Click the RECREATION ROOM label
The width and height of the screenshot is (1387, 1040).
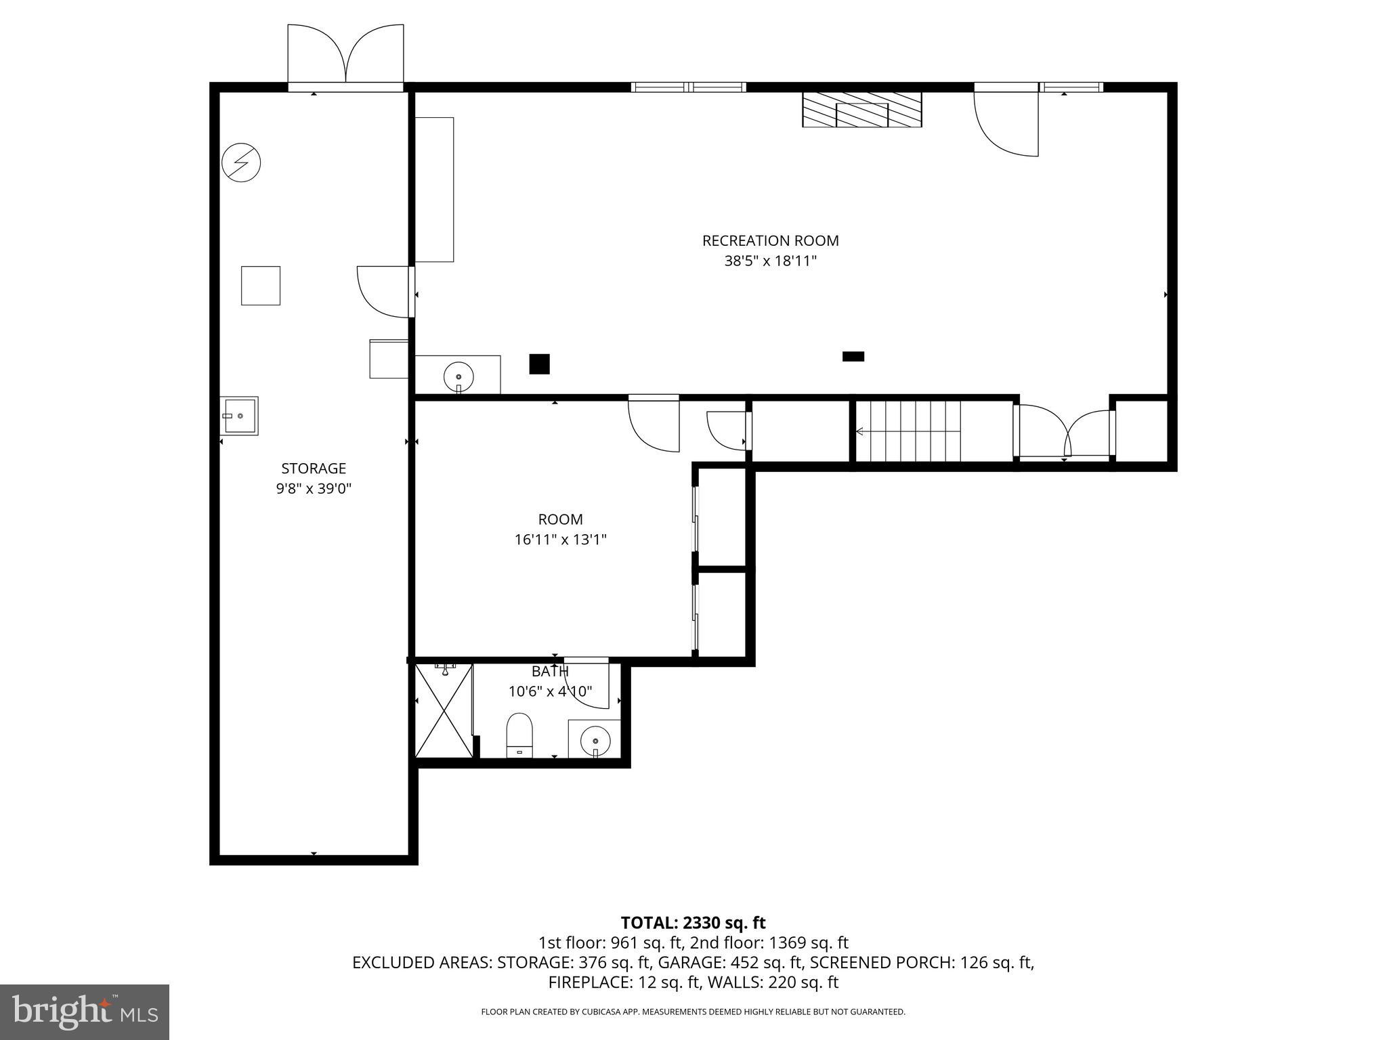[x=770, y=240]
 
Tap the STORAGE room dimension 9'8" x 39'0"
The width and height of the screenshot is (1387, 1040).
[x=314, y=489]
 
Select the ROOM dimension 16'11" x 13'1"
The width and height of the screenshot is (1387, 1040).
[x=560, y=540]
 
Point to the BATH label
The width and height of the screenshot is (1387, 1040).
[x=549, y=672]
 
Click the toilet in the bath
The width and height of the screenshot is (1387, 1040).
[x=519, y=734]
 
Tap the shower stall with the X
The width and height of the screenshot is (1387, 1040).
[x=444, y=710]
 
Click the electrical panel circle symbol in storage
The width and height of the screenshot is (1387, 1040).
[x=241, y=162]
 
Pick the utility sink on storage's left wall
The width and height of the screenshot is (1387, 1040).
[x=239, y=416]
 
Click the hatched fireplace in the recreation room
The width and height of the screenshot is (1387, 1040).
[x=861, y=110]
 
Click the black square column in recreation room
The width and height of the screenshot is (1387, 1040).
[x=539, y=364]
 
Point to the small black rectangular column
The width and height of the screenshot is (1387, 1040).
[x=853, y=356]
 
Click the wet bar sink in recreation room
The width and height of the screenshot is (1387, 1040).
[x=458, y=375]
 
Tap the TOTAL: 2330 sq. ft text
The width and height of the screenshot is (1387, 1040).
[x=693, y=923]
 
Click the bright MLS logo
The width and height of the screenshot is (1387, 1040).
[x=85, y=1012]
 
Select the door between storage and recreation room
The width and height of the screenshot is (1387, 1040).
[x=384, y=292]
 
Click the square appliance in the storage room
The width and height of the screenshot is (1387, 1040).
[x=261, y=286]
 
